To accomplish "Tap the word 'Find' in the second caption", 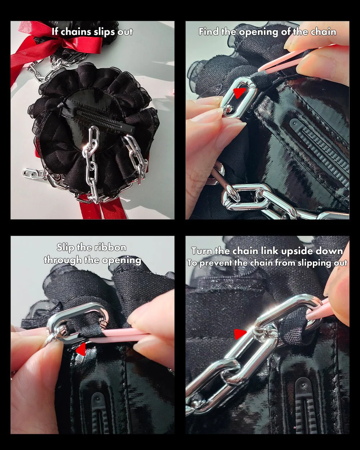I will coord(209,32).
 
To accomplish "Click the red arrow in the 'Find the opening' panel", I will coord(239,93).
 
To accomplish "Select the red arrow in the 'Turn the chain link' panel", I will coord(240,334).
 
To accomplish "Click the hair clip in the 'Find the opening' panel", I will coord(320,151).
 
